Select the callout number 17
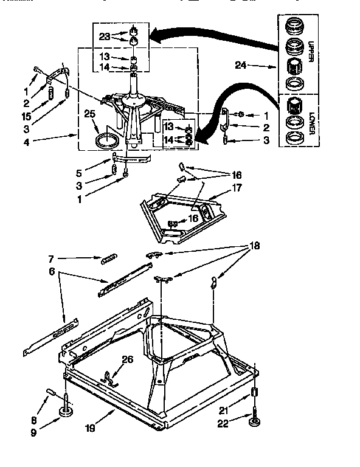237,188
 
